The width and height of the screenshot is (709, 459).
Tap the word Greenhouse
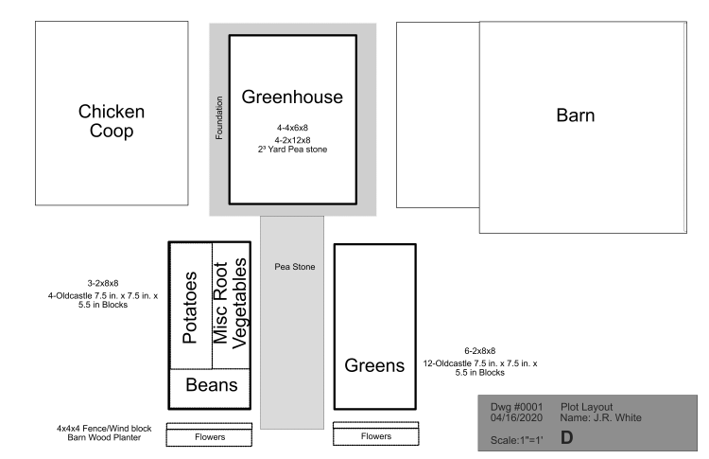click(x=292, y=97)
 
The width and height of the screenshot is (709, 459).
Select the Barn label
click(x=575, y=115)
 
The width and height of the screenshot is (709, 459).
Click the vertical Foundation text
click(x=219, y=118)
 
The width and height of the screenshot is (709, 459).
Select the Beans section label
click(x=211, y=385)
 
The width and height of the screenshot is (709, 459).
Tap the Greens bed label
click(x=374, y=365)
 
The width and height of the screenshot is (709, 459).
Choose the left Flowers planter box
click(x=209, y=437)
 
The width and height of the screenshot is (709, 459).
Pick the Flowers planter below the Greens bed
click(x=375, y=436)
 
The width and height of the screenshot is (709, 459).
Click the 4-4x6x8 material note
click(x=292, y=127)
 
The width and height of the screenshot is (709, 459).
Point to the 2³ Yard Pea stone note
click(x=292, y=150)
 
